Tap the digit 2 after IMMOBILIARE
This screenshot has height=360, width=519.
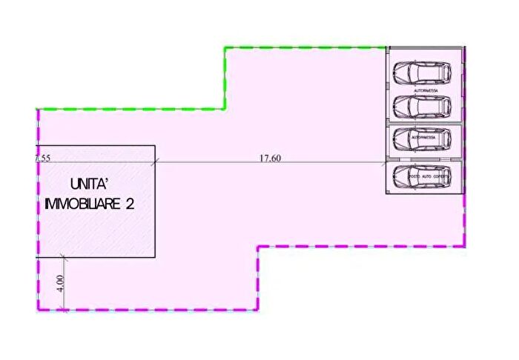pos(129,204)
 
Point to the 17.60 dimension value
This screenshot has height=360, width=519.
pos(269,157)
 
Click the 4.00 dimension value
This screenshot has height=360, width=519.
pos(60,283)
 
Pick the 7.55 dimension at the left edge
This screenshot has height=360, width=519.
pos(42,157)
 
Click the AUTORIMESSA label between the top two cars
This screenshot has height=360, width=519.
pos(423,89)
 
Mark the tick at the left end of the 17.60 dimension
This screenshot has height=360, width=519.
pos(156,162)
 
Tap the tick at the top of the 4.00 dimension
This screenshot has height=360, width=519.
pos(65,257)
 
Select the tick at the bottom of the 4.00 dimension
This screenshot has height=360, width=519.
pos(65,309)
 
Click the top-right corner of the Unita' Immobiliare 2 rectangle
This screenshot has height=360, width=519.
pos(155,145)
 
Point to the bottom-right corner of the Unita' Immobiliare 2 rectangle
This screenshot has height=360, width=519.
pos(155,257)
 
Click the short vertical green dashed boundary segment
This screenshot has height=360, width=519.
pos(225,78)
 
